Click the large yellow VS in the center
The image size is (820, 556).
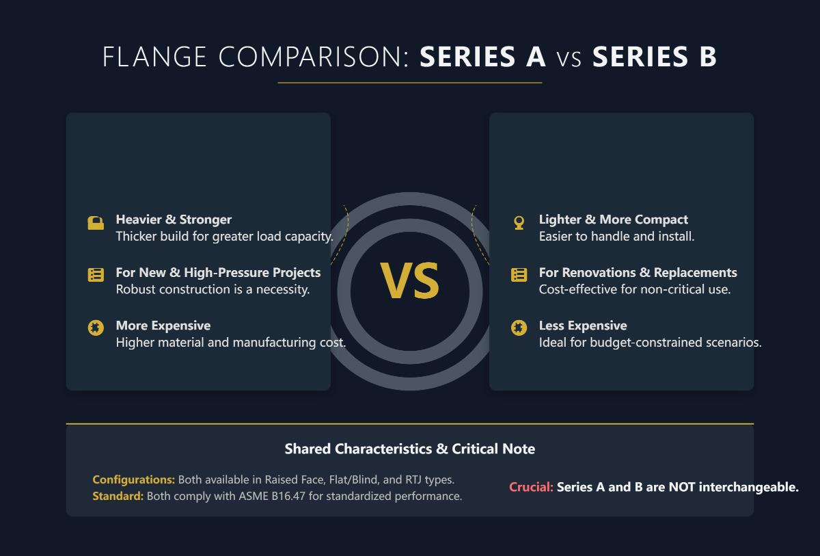(409, 281)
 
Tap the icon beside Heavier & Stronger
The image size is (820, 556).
(96, 223)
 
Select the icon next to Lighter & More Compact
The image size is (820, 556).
(519, 223)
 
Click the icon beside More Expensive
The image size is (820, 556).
(96, 328)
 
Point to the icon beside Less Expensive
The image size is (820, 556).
(519, 328)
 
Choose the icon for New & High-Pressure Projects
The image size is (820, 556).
(96, 275)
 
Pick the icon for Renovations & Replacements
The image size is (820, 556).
(519, 275)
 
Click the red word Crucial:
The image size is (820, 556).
(531, 487)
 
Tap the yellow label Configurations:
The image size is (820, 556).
(133, 479)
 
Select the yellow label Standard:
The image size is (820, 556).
(118, 496)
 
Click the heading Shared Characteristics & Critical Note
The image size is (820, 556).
(409, 449)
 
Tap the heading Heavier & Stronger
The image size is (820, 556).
(174, 220)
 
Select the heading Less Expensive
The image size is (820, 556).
(582, 326)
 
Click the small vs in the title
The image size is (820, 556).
(569, 57)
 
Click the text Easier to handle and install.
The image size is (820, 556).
(616, 237)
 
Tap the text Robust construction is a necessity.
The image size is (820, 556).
(213, 289)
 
